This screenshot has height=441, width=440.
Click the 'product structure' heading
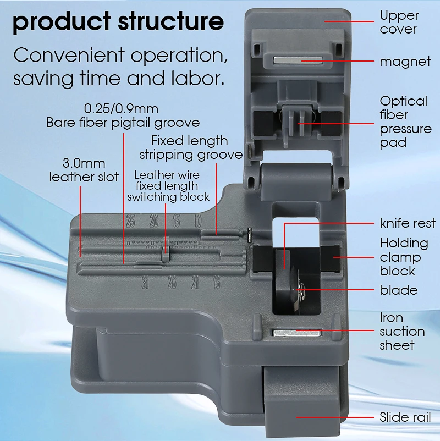click(x=118, y=22)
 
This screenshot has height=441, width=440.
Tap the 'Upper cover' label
click(x=399, y=22)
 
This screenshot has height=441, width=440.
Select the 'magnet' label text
click(x=405, y=62)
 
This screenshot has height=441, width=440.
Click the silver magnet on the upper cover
click(x=298, y=60)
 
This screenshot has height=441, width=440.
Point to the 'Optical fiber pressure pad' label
click(x=405, y=122)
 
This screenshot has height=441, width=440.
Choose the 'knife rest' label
click(x=408, y=223)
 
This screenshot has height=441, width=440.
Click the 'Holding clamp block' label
click(x=404, y=257)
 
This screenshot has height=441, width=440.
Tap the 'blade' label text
click(x=399, y=290)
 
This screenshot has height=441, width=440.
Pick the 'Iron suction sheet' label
click(x=402, y=332)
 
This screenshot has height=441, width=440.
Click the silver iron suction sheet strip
click(x=297, y=333)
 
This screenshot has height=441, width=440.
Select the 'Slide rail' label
click(x=405, y=417)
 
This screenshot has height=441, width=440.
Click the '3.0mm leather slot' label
click(x=84, y=170)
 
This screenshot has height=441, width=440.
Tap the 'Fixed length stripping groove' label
click(x=191, y=148)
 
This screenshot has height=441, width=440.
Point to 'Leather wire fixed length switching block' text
click(x=168, y=186)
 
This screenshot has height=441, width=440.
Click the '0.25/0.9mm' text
click(x=121, y=109)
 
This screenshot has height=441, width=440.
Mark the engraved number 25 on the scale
click(x=130, y=221)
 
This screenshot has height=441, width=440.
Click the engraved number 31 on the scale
click(x=145, y=283)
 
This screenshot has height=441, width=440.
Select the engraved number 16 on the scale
click(x=216, y=283)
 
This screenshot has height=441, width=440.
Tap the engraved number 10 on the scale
click(x=198, y=221)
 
